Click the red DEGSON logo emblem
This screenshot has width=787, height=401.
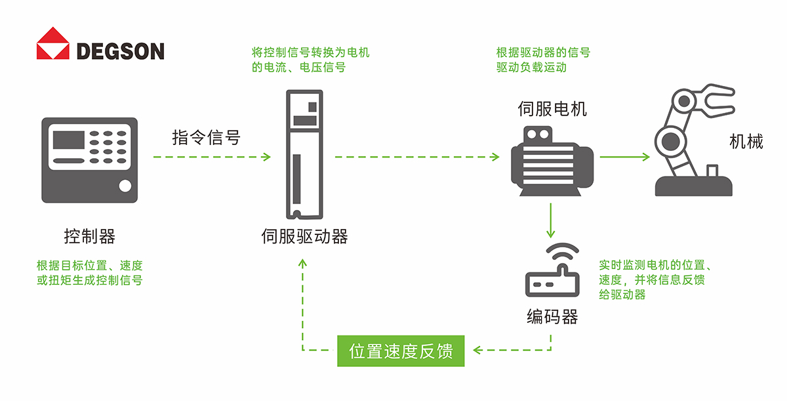53,43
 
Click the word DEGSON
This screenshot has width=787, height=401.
120,51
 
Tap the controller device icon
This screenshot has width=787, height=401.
90,160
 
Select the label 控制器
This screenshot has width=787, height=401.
90,236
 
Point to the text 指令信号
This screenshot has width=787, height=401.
206,137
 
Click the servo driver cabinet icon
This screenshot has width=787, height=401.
304,155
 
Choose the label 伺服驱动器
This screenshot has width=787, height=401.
304,236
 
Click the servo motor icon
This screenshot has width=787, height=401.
552,161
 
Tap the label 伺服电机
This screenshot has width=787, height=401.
552,108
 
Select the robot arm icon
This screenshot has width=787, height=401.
694,140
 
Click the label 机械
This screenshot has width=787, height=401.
746,142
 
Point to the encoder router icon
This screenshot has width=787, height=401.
552,270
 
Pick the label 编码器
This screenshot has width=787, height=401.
552,316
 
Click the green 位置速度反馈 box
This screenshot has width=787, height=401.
401,350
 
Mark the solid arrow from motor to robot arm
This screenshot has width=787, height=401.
624,157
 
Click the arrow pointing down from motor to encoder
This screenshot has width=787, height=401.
550,221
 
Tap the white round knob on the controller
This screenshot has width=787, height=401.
125,186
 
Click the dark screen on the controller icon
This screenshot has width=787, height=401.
68,140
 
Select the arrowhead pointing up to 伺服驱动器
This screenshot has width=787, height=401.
302,263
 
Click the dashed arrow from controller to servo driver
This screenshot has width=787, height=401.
212,157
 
